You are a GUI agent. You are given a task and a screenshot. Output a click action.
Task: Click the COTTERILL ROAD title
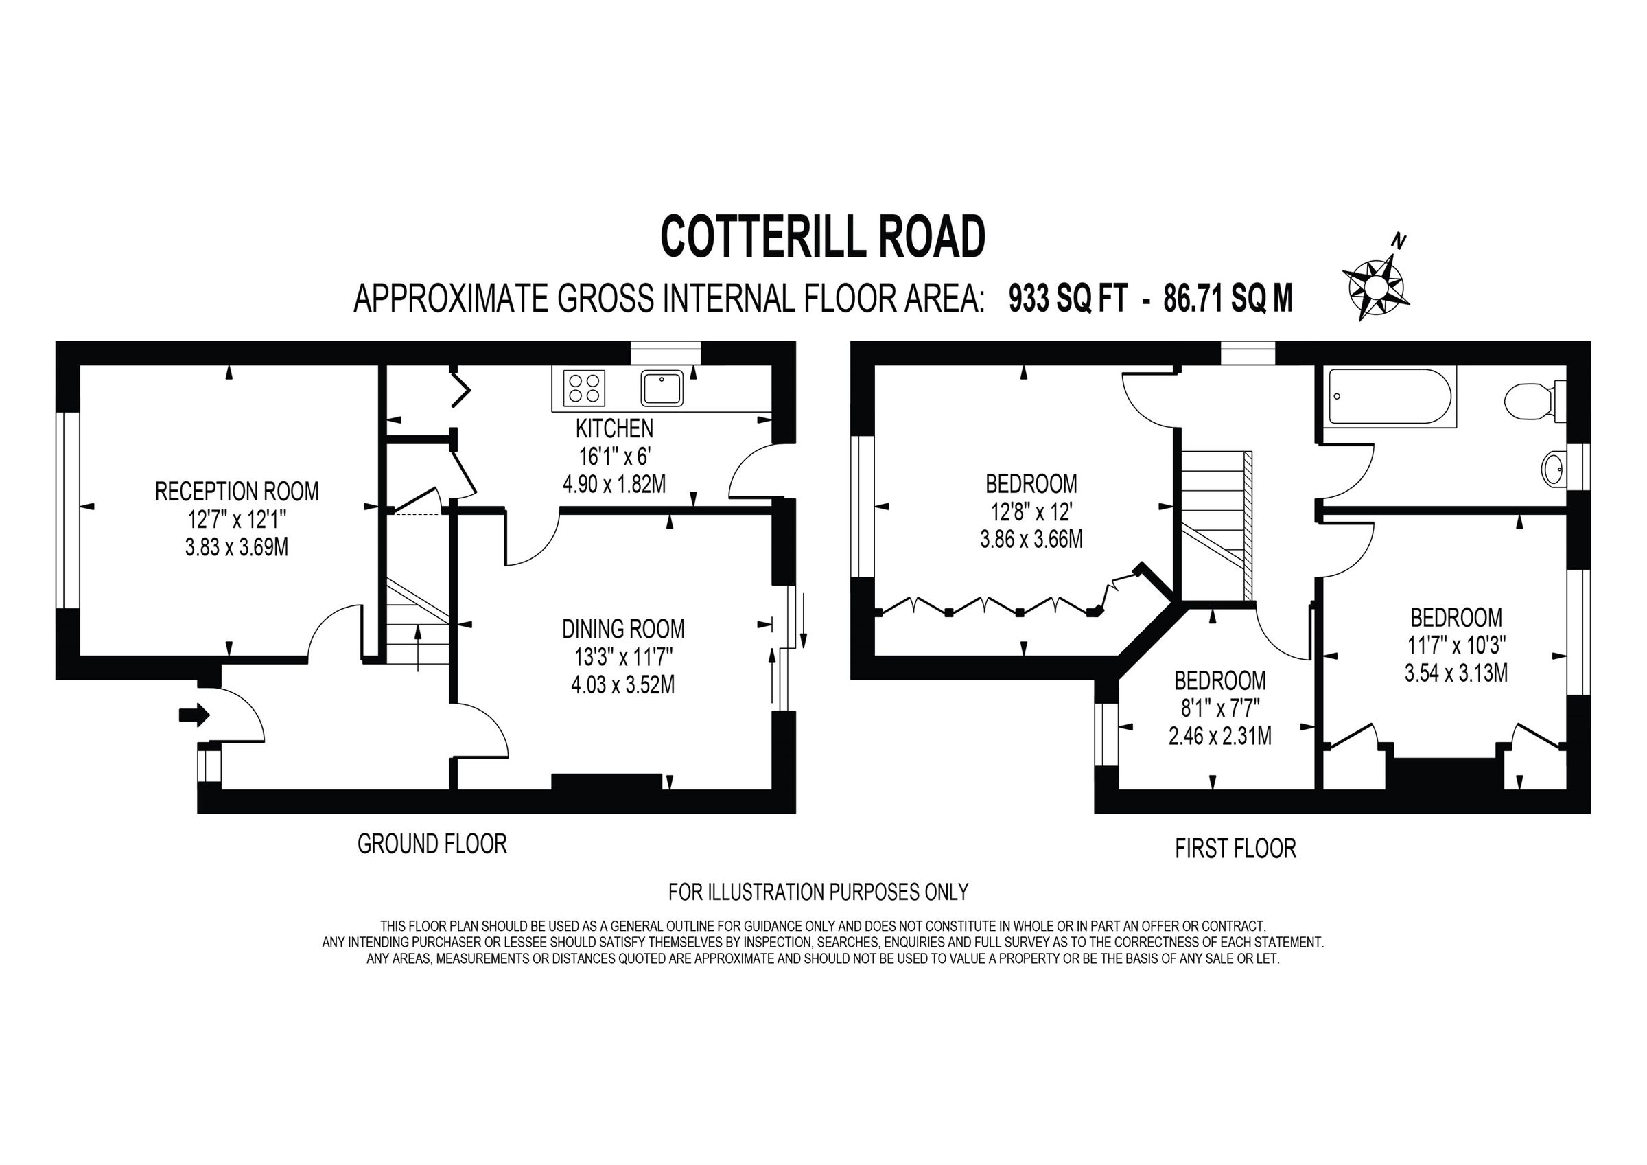point(822,237)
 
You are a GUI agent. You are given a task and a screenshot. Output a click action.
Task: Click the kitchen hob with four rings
point(584,388)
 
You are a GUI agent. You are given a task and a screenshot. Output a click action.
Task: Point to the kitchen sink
point(663,389)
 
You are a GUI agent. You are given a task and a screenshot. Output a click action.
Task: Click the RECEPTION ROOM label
point(237,492)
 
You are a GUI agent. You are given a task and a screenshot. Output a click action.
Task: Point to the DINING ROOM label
point(622,629)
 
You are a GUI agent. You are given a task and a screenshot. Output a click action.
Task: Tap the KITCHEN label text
point(614,428)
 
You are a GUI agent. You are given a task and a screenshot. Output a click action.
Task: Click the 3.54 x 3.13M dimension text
point(1456,673)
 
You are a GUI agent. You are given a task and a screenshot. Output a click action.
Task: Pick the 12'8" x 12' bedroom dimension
point(1031,512)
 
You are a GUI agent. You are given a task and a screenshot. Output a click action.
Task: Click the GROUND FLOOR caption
point(432,844)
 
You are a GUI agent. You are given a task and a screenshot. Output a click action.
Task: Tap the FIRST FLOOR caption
point(1235,849)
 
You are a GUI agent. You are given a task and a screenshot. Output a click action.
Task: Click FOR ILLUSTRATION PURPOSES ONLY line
point(818,892)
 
